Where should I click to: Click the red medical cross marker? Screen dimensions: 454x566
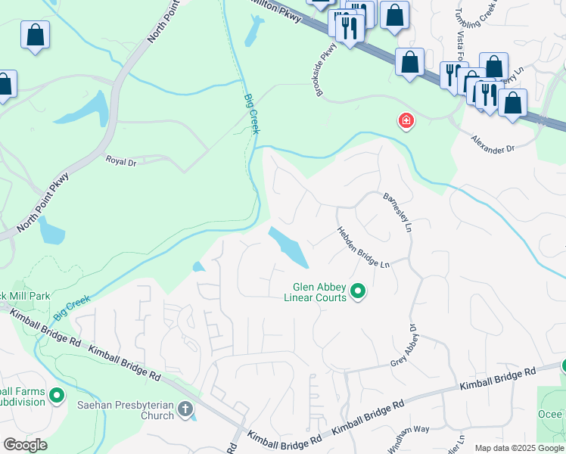406,121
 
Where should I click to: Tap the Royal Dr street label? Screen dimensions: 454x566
120,161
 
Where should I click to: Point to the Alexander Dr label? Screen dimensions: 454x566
493,145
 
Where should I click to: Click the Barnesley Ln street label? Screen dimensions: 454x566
397,211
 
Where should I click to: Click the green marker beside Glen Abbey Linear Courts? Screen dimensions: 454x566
359,291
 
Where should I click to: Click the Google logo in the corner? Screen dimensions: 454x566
25,445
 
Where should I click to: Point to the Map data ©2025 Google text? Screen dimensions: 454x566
519,448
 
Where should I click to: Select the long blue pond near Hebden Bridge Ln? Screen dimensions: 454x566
288,247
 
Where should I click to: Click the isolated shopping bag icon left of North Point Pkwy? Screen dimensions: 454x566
35,35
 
